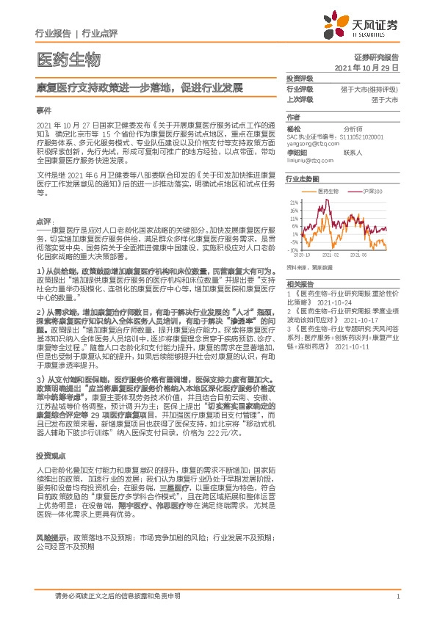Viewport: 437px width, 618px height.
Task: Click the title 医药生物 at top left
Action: click(67, 59)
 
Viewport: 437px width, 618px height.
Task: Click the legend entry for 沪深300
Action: click(374, 190)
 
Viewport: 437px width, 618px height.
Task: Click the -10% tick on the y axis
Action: click(294, 250)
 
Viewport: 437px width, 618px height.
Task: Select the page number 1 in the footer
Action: click(397, 597)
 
